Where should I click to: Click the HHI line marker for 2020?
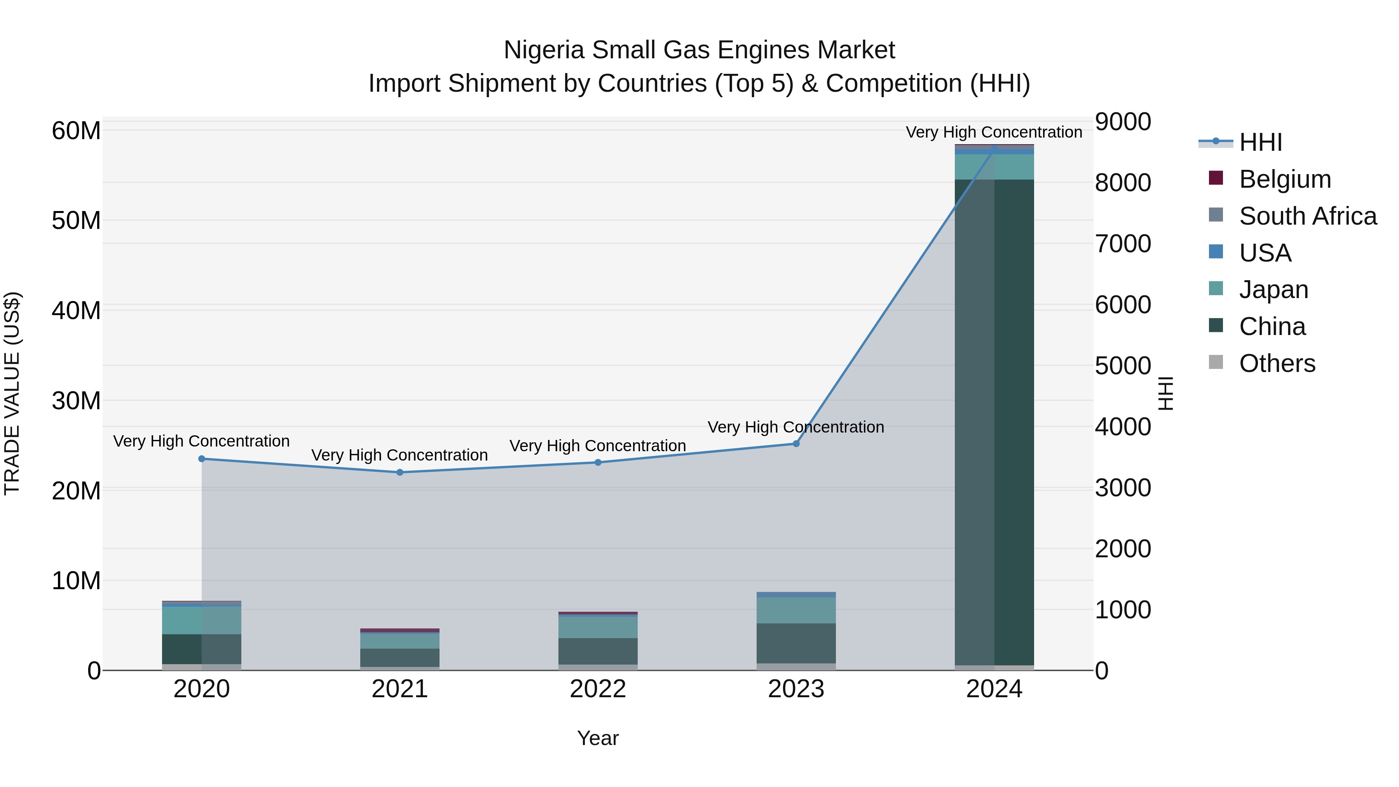[x=201, y=459]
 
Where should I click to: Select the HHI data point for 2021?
[x=400, y=473]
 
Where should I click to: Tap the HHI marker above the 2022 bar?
[x=598, y=463]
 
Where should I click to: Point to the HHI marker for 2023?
[x=796, y=444]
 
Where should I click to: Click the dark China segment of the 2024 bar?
[x=994, y=424]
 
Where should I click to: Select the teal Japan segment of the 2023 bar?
[x=796, y=611]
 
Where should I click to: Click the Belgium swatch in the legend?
[x=1216, y=178]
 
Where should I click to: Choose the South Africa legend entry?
[x=1308, y=216]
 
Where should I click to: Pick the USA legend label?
[x=1265, y=253]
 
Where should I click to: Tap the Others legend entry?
[x=1277, y=363]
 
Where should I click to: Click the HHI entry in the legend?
[x=1260, y=142]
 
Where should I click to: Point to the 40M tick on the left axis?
[x=76, y=311]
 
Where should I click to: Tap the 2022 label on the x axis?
[x=598, y=689]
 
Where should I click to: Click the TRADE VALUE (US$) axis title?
[x=12, y=394]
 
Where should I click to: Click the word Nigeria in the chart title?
[x=544, y=50]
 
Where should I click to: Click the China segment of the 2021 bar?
[x=400, y=658]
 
